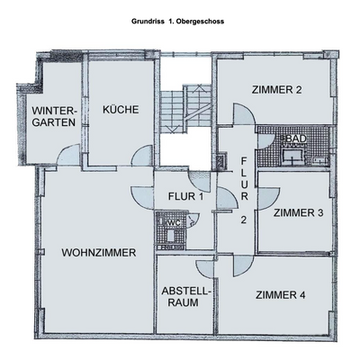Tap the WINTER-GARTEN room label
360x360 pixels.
[55, 117]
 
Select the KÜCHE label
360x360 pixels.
[120, 110]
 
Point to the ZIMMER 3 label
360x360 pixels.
[298, 213]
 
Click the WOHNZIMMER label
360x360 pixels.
[99, 253]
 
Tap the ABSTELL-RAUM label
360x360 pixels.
[186, 297]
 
